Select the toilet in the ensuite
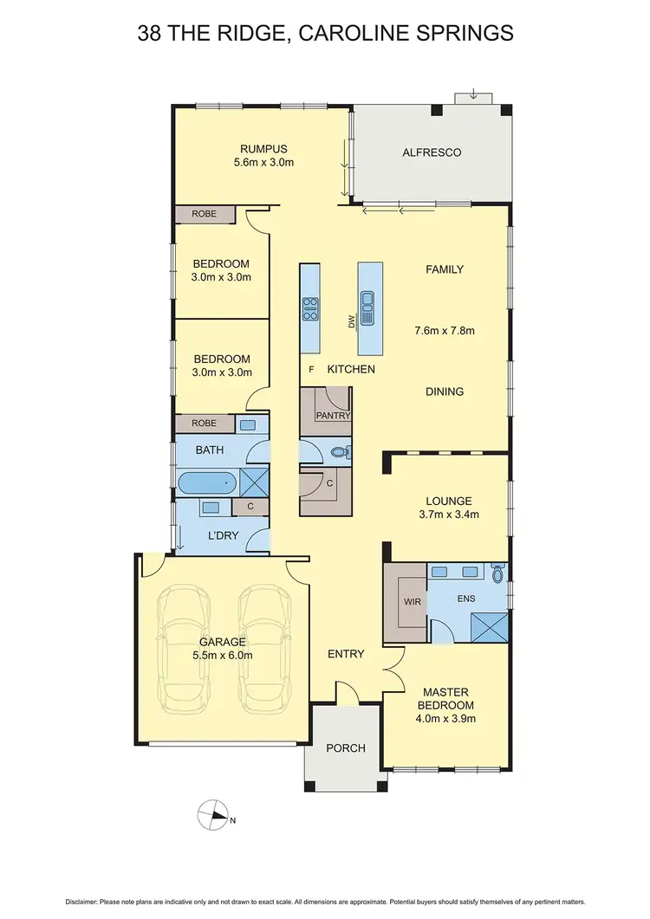(497, 573)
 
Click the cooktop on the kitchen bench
(309, 307)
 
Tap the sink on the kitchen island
(367, 307)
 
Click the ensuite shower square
(491, 623)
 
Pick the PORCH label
(345, 747)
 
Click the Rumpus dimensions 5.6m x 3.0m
(263, 162)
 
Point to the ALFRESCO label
(432, 152)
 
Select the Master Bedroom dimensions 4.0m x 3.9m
(445, 718)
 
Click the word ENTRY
(346, 654)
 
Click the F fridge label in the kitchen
(310, 370)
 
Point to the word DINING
(445, 392)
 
